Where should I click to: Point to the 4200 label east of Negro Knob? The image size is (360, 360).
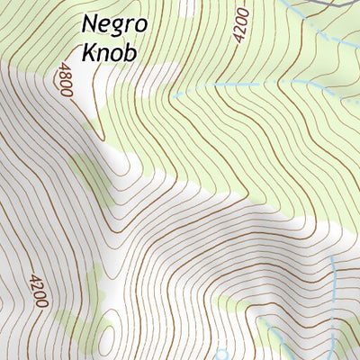239,26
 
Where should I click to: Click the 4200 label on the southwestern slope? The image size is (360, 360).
37,290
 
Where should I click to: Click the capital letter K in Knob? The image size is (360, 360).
89,51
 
